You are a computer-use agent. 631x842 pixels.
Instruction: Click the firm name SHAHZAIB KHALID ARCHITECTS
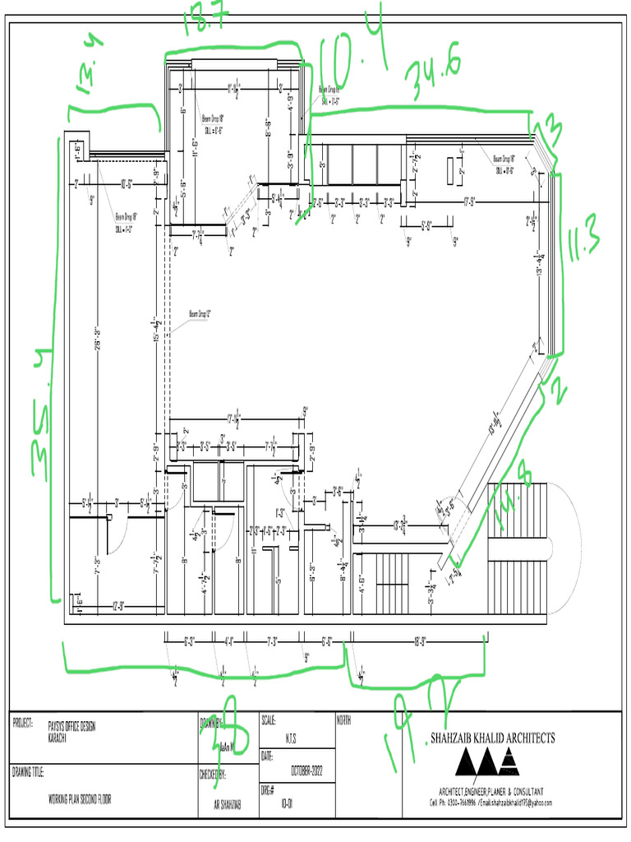[492, 738]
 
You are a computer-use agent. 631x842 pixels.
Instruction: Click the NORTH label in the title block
[344, 720]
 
